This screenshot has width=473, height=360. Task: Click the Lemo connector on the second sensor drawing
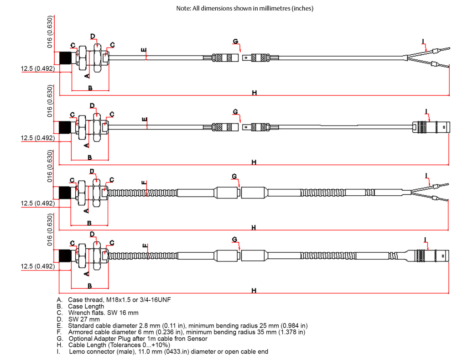pyautogui.click(x=431, y=126)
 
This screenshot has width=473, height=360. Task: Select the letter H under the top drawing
pyautogui.click(x=255, y=93)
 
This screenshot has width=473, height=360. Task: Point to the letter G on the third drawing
pyautogui.click(x=234, y=176)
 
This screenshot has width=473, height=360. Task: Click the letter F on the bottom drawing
pyautogui.click(x=145, y=247)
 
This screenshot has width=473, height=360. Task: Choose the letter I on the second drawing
pyautogui.click(x=426, y=111)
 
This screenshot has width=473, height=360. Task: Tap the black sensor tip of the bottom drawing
pyautogui.click(x=65, y=256)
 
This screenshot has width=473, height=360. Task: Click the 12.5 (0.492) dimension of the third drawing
pyautogui.click(x=38, y=203)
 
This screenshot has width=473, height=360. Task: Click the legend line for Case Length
pyautogui.click(x=86, y=306)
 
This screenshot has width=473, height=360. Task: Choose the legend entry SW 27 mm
pyautogui.click(x=83, y=319)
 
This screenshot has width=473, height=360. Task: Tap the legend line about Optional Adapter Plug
pyautogui.click(x=138, y=339)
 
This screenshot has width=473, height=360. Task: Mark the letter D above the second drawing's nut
pyautogui.click(x=92, y=106)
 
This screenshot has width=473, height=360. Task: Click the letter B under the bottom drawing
pyautogui.click(x=90, y=286)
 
